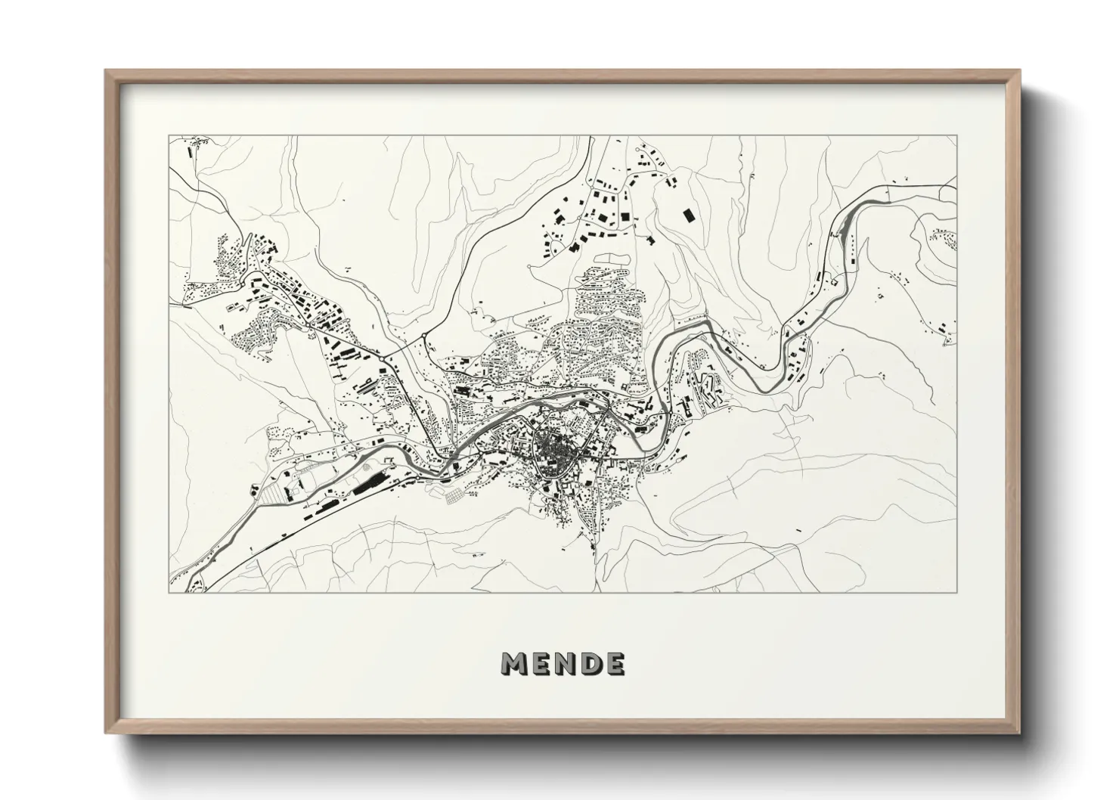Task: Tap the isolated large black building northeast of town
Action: [688, 216]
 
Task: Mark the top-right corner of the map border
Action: [956, 136]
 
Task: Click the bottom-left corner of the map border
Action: [169, 592]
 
